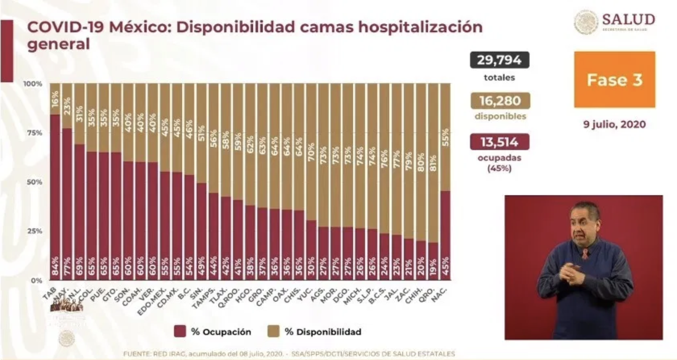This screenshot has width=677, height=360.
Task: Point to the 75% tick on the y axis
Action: coord(35,133)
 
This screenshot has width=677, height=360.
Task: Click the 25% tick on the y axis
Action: coord(35,231)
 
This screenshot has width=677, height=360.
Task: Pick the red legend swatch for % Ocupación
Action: coord(180,331)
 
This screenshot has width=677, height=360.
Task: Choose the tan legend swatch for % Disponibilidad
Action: coord(274,331)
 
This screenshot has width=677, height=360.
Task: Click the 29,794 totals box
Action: coord(499,60)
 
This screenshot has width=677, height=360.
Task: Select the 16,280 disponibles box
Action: coord(500,101)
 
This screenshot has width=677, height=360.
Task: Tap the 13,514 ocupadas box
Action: coord(499,142)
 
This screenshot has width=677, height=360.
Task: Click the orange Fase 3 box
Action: coord(614,79)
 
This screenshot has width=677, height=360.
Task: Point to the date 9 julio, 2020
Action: coord(614,124)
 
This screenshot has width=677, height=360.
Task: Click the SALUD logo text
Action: coord(628,20)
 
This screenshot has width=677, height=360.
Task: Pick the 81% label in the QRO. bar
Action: coord(433,163)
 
